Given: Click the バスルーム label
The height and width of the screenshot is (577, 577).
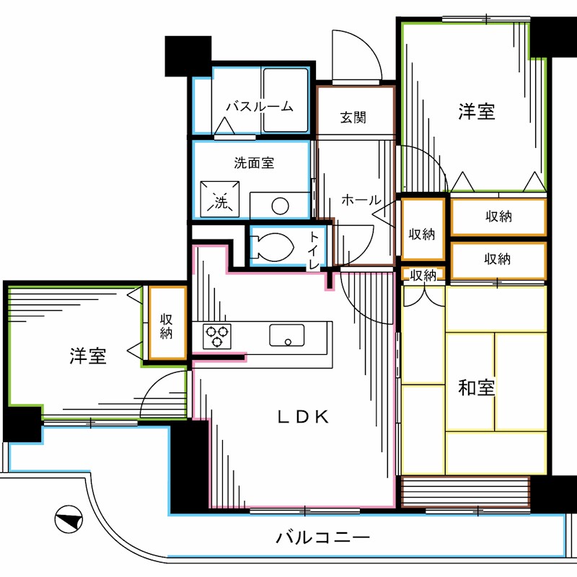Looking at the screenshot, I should tap(259, 107).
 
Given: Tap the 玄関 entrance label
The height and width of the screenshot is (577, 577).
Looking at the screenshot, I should tap(353, 117).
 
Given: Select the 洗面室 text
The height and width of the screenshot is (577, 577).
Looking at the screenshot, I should tap(253, 163).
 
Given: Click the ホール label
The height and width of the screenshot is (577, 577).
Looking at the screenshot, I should tap(360, 200).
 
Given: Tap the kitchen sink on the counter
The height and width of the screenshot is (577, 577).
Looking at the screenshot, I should tap(286, 335).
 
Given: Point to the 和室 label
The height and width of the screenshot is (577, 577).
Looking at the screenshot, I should tap(477, 388).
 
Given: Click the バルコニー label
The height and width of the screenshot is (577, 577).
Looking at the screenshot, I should tap(322, 538).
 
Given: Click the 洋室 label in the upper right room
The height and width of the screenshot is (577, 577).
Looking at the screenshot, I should tap(477, 112).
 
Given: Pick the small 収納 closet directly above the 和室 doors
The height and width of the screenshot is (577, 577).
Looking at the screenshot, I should tap(423, 275).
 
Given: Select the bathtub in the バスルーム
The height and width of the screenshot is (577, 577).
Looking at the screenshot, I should tap(286, 100).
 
